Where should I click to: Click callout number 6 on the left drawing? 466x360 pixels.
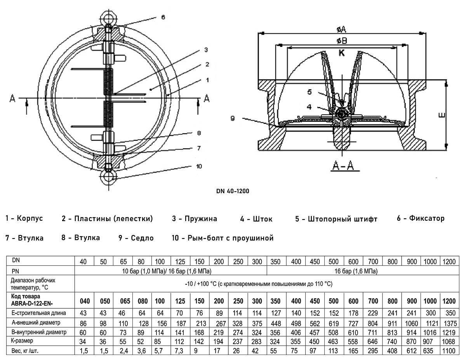coord(163,17)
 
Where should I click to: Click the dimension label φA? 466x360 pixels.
coord(342,29)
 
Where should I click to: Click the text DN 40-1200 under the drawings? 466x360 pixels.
coord(233,191)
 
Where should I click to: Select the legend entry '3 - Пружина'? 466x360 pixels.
coord(195,219)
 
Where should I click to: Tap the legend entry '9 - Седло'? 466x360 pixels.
coord(136,238)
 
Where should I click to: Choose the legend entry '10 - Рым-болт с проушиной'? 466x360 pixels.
coord(223,238)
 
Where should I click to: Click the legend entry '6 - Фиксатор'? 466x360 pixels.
coord(421,218)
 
